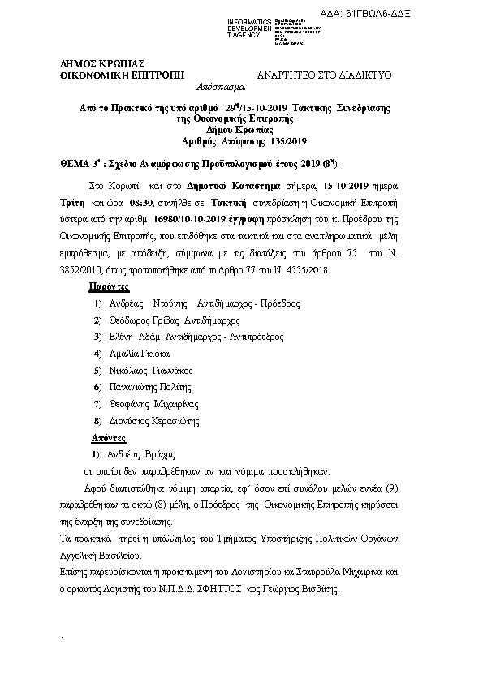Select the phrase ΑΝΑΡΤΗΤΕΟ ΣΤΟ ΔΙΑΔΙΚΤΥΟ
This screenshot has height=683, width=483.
pos(324,75)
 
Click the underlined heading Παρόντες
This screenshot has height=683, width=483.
pos(108,286)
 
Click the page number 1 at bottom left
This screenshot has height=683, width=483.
pos(62,642)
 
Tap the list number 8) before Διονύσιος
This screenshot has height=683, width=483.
pos(98,421)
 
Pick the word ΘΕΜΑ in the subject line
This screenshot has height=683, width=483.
pos(76,162)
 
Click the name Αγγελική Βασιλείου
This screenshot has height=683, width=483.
pos(101,556)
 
